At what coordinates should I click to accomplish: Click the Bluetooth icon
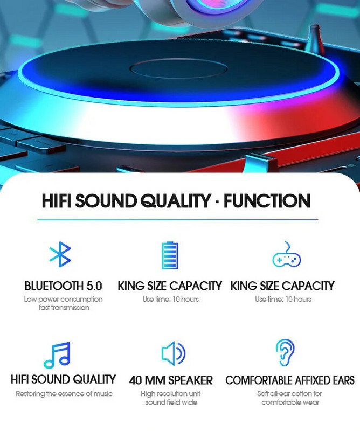(x=60, y=254)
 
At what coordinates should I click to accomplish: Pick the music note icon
(x=57, y=354)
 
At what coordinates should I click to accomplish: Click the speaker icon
(x=172, y=353)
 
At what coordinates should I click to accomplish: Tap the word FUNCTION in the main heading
(x=267, y=201)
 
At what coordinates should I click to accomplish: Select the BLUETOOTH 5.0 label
(x=63, y=286)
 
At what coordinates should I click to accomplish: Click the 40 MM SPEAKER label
(x=171, y=380)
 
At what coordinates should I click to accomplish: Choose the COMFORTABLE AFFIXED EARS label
(x=290, y=380)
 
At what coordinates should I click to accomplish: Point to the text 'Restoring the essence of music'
(x=64, y=394)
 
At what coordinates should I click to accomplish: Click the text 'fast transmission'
(x=64, y=308)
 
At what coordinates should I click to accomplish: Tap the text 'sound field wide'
(x=171, y=402)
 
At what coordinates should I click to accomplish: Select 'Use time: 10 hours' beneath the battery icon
(x=170, y=299)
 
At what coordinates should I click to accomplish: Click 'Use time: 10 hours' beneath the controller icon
(x=283, y=299)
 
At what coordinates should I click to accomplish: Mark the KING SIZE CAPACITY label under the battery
(x=170, y=286)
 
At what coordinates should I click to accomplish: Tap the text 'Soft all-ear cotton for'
(x=290, y=394)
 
